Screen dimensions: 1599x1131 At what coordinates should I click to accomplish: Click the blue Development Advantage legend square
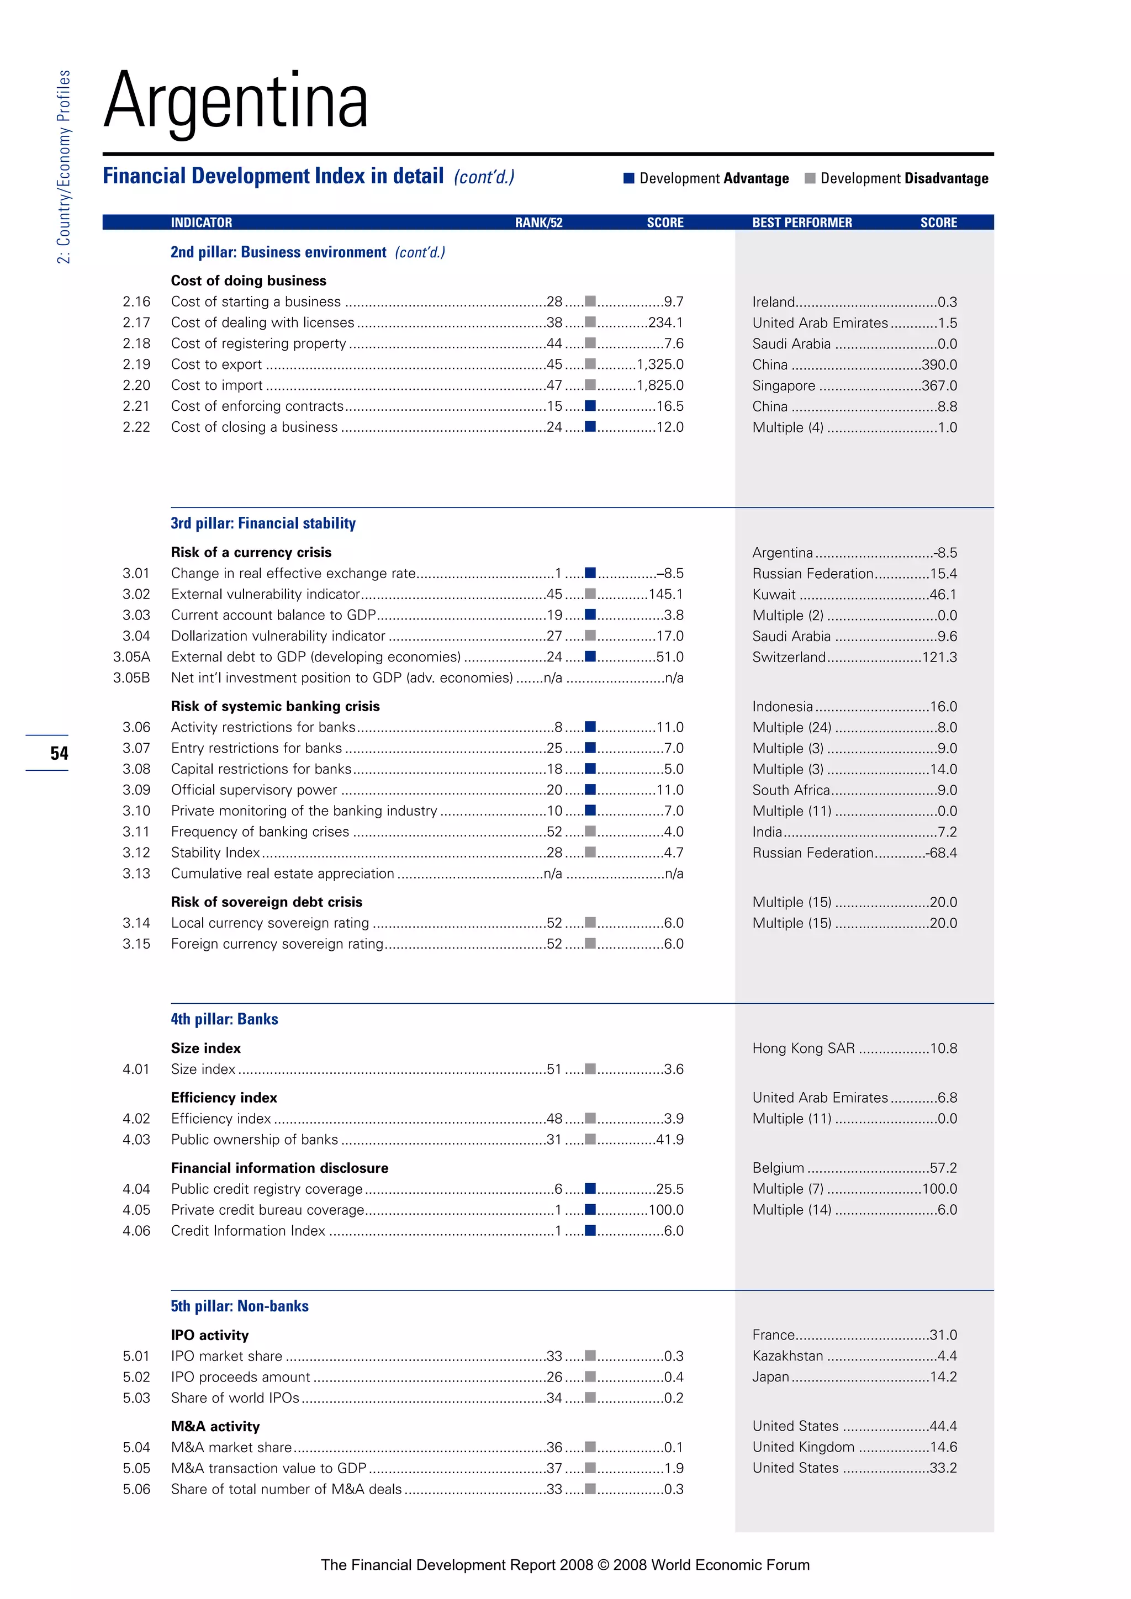629,178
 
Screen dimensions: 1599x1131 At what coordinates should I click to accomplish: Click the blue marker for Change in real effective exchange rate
590,573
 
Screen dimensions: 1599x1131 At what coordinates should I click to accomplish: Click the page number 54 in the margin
59,753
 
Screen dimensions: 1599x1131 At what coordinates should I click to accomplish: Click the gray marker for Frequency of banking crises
590,831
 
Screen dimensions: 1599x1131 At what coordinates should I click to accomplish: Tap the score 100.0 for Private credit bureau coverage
666,1210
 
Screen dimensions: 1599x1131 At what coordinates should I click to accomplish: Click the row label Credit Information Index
248,1231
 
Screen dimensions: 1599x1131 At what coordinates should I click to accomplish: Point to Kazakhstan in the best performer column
788,1356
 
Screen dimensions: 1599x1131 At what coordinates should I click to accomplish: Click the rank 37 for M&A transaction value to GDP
554,1468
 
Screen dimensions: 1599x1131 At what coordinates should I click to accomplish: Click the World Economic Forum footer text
730,1565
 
